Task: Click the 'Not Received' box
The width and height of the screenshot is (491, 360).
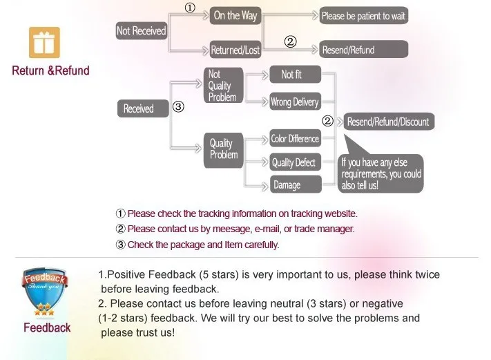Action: (141, 30)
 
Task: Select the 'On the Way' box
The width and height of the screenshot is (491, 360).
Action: (235, 16)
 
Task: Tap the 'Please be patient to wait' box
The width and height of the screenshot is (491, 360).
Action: (363, 16)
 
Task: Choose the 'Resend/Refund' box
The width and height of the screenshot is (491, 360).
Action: (363, 50)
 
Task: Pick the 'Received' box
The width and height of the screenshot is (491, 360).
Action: (142, 108)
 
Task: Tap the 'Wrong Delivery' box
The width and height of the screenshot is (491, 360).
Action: (294, 102)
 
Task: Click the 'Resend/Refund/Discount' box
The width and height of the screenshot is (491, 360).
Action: (388, 122)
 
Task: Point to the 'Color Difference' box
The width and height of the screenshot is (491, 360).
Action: (295, 139)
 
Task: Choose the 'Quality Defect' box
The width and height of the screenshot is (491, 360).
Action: (294, 162)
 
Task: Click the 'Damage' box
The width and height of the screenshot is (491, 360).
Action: (294, 184)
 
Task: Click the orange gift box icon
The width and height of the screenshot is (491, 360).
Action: (44, 42)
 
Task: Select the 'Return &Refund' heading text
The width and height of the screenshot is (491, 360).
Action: (50, 70)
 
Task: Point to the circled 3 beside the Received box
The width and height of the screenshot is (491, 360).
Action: (178, 107)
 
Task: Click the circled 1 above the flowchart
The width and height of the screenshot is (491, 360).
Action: (189, 8)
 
